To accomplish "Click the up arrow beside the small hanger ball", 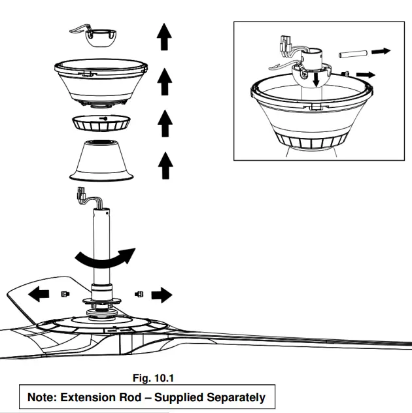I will pos(164,37).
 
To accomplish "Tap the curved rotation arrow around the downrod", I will pos(104,259).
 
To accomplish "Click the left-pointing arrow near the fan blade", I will pos(40,295).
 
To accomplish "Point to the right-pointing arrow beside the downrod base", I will pos(160,295).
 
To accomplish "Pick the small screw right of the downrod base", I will pos(138,294).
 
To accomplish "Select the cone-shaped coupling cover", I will pos(102,161).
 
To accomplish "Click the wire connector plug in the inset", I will pos(286,45).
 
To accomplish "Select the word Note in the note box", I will pos(42,397).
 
